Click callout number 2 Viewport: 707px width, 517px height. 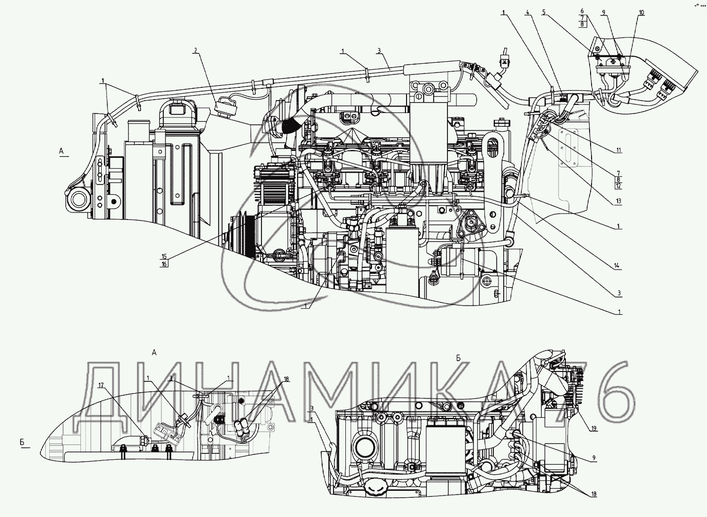click(x=195, y=50)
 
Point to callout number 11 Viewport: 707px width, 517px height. click(x=619, y=150)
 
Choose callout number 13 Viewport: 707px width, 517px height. click(x=619, y=201)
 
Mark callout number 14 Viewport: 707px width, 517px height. click(x=617, y=266)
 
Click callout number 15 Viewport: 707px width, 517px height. click(x=164, y=257)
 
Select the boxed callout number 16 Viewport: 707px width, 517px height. click(x=164, y=264)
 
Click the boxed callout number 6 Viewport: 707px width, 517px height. click(x=582, y=10)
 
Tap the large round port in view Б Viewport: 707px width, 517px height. click(x=366, y=448)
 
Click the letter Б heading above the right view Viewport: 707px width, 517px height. click(x=458, y=358)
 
